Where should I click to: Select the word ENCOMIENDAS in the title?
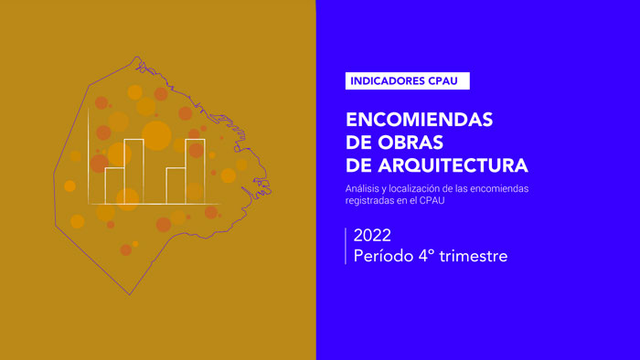point(420,121)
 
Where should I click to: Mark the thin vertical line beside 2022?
point(347,246)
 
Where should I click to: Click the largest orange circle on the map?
point(156,136)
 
